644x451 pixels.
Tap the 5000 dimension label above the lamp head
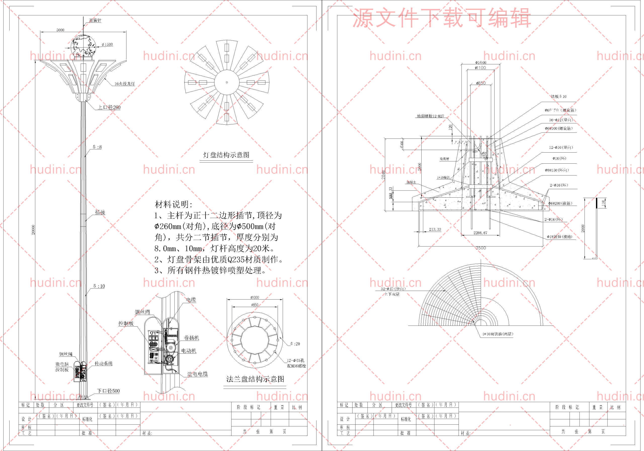pyautogui.click(x=60, y=30)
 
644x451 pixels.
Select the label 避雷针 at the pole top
pyautogui.click(x=95, y=20)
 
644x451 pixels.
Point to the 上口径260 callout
pyautogui.click(x=109, y=107)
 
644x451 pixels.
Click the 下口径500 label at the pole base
pyautogui.click(x=108, y=391)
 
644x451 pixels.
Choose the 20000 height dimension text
pyautogui.click(x=33, y=230)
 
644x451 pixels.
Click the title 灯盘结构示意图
pyautogui.click(x=226, y=155)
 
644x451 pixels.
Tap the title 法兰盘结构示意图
pyautogui.click(x=255, y=379)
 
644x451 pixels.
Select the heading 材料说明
pyautogui.click(x=174, y=204)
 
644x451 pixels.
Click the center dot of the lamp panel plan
pyautogui.click(x=227, y=82)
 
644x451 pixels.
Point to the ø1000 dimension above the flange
pyautogui.click(x=254, y=297)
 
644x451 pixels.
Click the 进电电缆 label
pyautogui.click(x=197, y=374)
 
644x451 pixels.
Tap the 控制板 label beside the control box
pyautogui.click(x=126, y=323)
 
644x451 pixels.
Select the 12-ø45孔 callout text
pyautogui.click(x=295, y=360)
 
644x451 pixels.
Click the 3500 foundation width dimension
pyautogui.click(x=480, y=248)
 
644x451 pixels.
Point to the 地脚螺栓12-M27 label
pyautogui.click(x=430, y=116)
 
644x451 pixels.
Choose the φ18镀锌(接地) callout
pyautogui.click(x=559, y=237)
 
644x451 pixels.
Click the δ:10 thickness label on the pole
pyautogui.click(x=99, y=286)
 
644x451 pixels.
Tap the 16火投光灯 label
pyautogui.click(x=124, y=83)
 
